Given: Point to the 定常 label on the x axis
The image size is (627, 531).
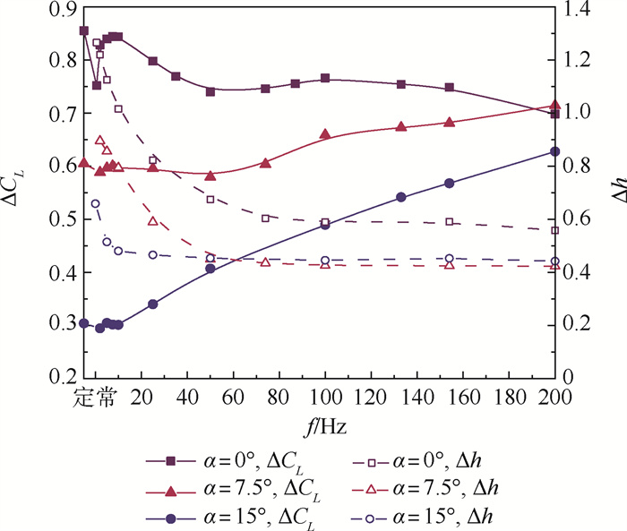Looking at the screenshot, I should click(x=94, y=396).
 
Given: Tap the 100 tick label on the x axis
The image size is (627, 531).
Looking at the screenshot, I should click(x=325, y=396).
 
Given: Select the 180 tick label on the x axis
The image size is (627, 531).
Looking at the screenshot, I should click(x=509, y=396).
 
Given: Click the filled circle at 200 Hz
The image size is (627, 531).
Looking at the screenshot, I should click(x=555, y=151).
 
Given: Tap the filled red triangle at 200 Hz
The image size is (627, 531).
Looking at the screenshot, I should click(x=555, y=106).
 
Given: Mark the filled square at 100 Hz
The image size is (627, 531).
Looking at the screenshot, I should click(x=325, y=79).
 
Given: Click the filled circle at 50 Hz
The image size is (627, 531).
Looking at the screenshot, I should click(x=210, y=268).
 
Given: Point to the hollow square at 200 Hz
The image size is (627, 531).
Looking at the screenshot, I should click(x=555, y=230).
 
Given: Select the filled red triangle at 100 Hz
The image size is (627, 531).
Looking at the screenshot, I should click(x=325, y=134).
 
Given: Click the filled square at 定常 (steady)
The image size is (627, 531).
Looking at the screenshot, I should click(x=84, y=30).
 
